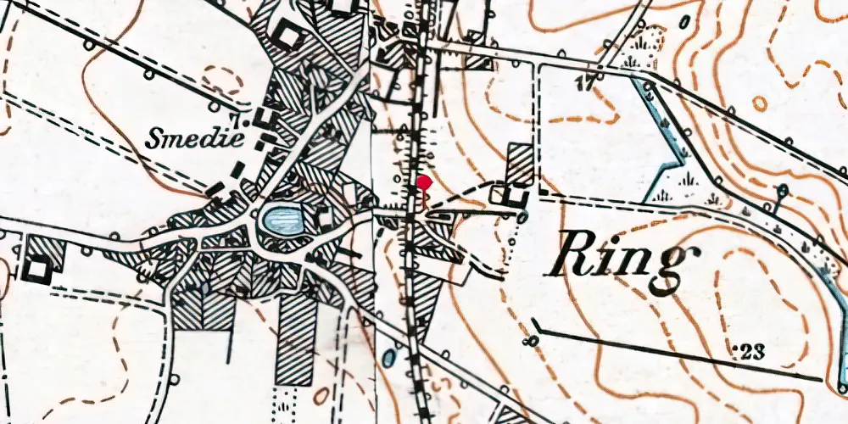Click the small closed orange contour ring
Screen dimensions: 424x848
click(759, 103)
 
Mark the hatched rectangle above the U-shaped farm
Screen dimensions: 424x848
click(520, 163)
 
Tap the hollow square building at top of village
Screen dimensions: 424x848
click(288, 37)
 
